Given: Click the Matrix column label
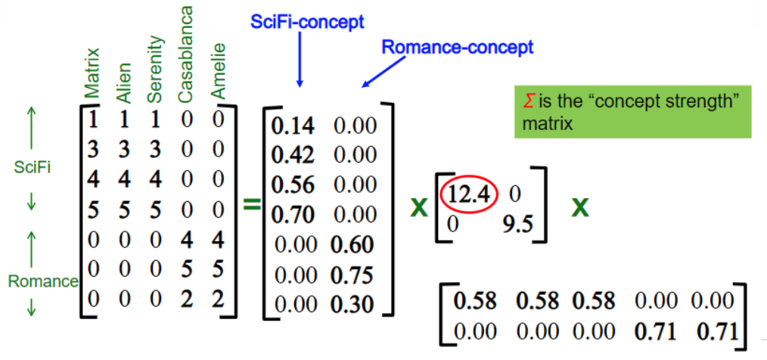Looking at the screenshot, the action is (x=92, y=73).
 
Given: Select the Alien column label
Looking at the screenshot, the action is (x=124, y=82).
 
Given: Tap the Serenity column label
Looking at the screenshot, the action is (x=154, y=69).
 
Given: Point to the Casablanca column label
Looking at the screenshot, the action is (x=185, y=54).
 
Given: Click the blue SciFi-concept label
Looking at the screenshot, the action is (x=308, y=22).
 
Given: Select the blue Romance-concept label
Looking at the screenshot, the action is (x=458, y=48).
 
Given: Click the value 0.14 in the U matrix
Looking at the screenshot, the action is (x=293, y=127).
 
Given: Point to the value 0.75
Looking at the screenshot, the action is (x=352, y=275).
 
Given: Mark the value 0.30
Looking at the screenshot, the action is (x=352, y=304).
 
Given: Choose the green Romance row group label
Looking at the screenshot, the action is (x=42, y=282).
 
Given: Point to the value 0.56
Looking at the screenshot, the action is (x=293, y=186).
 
